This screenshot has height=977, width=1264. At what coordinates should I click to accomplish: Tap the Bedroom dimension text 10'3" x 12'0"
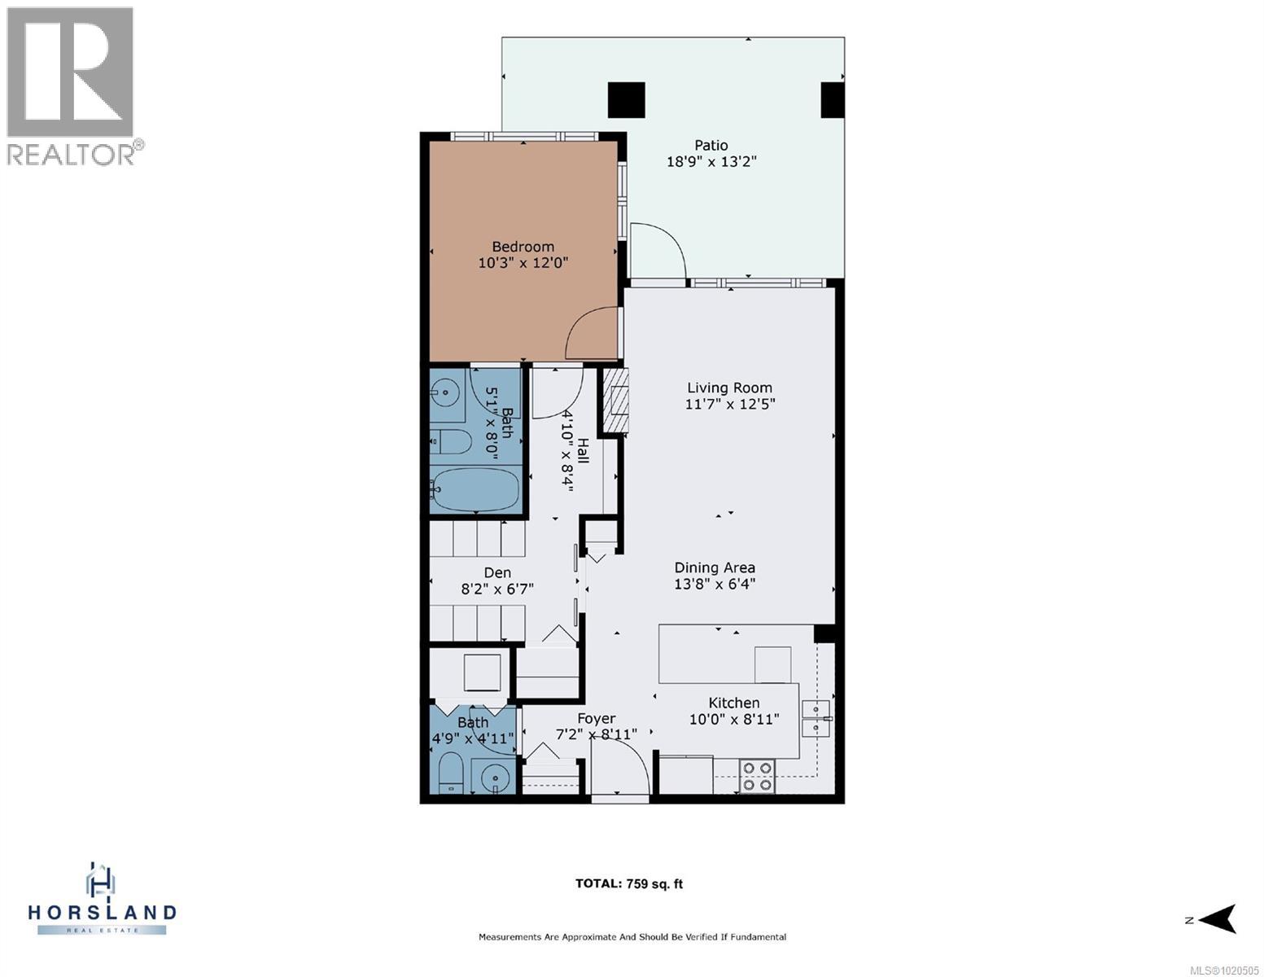pyautogui.click(x=523, y=263)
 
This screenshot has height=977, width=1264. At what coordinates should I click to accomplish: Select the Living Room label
pyautogui.click(x=729, y=388)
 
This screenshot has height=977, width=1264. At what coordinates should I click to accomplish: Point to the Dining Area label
pyautogui.click(x=715, y=567)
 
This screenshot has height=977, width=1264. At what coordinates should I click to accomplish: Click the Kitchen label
pyautogui.click(x=734, y=703)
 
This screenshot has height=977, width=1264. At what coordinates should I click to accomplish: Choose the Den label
pyautogui.click(x=497, y=573)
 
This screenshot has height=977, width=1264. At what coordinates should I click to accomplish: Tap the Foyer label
pyautogui.click(x=596, y=719)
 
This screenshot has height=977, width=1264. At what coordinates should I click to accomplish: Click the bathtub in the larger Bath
pyautogui.click(x=476, y=489)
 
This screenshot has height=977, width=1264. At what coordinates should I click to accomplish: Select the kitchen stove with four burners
pyautogui.click(x=757, y=776)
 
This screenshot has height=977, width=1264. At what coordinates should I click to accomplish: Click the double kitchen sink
pyautogui.click(x=816, y=718)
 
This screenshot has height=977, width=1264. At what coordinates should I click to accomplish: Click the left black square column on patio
pyautogui.click(x=627, y=100)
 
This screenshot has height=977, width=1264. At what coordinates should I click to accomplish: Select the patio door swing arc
pyautogui.click(x=658, y=250)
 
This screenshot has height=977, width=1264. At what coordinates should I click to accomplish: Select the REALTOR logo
pyautogui.click(x=72, y=85)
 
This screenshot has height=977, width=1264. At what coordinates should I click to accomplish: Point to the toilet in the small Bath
pyautogui.click(x=451, y=772)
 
